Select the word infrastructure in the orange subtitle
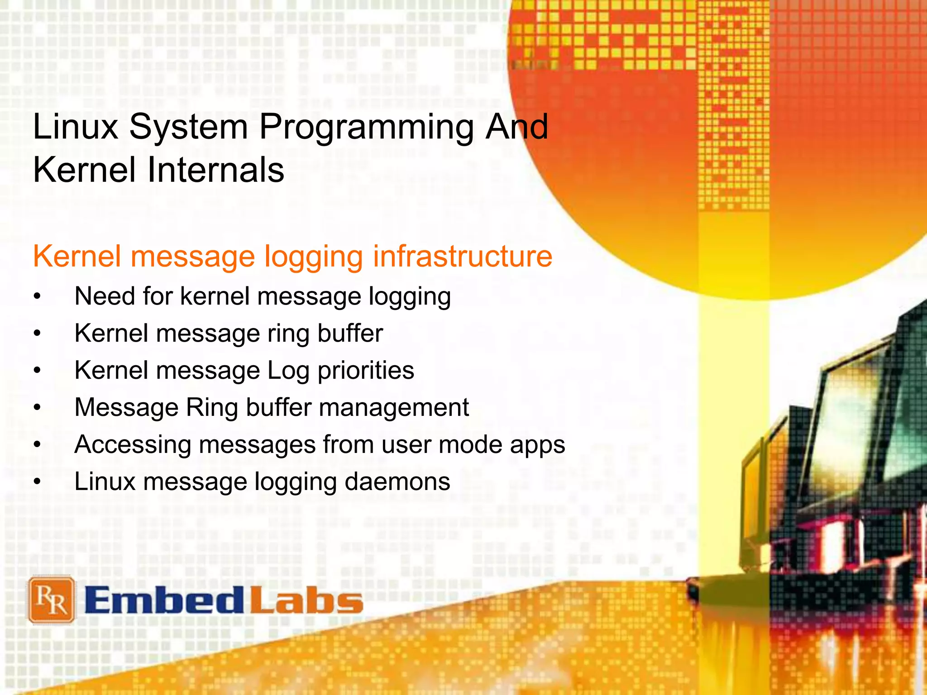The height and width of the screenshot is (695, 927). tap(462, 257)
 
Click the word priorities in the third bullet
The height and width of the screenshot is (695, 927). tap(366, 371)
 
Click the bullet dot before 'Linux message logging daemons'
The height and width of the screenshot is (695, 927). tap(38, 482)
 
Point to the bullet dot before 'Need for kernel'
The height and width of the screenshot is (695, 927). tap(38, 297)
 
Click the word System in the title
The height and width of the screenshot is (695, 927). tap(188, 128)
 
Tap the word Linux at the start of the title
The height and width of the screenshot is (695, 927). tap(76, 127)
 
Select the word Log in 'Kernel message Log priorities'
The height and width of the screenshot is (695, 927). tap(288, 371)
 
